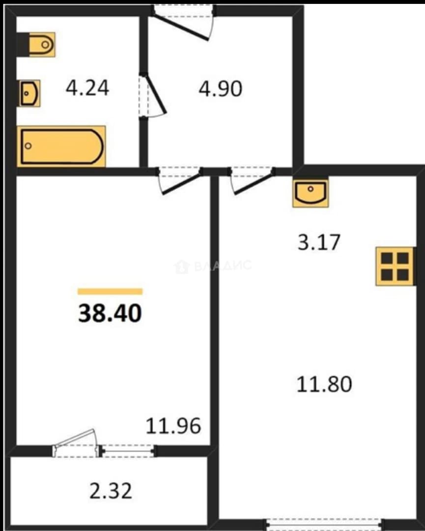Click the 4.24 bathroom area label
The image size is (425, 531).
[87, 88]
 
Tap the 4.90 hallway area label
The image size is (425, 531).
[220, 89]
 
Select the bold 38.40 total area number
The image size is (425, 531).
[110, 313]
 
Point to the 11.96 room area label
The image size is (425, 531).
[173, 426]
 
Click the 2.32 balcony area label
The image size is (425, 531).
[111, 491]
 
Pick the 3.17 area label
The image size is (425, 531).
[319, 242]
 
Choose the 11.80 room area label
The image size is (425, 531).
[324, 384]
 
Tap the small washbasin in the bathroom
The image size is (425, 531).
[30, 93]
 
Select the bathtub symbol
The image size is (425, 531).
[61, 147]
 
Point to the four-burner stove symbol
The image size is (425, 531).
[395, 266]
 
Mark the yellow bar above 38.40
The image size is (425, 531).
[110, 292]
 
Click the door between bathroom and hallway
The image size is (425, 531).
[153, 96]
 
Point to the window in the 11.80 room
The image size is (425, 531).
[324, 524]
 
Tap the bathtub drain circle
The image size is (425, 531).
[28, 146]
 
